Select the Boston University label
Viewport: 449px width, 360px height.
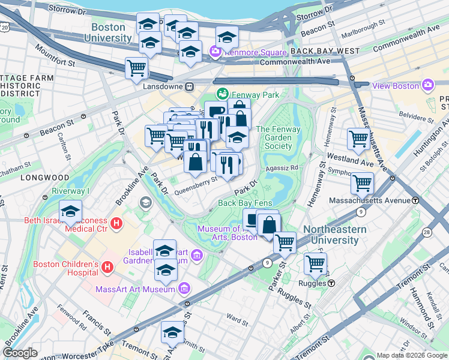108,33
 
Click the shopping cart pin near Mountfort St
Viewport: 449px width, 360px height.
136,68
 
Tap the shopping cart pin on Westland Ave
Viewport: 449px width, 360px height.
358,139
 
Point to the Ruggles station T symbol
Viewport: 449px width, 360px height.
331,283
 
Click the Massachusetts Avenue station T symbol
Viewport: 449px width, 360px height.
415,200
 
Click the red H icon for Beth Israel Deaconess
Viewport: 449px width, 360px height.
117,224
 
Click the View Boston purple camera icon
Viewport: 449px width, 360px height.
427,85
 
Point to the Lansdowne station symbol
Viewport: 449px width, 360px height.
188,86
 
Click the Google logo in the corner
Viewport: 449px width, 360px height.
20,353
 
